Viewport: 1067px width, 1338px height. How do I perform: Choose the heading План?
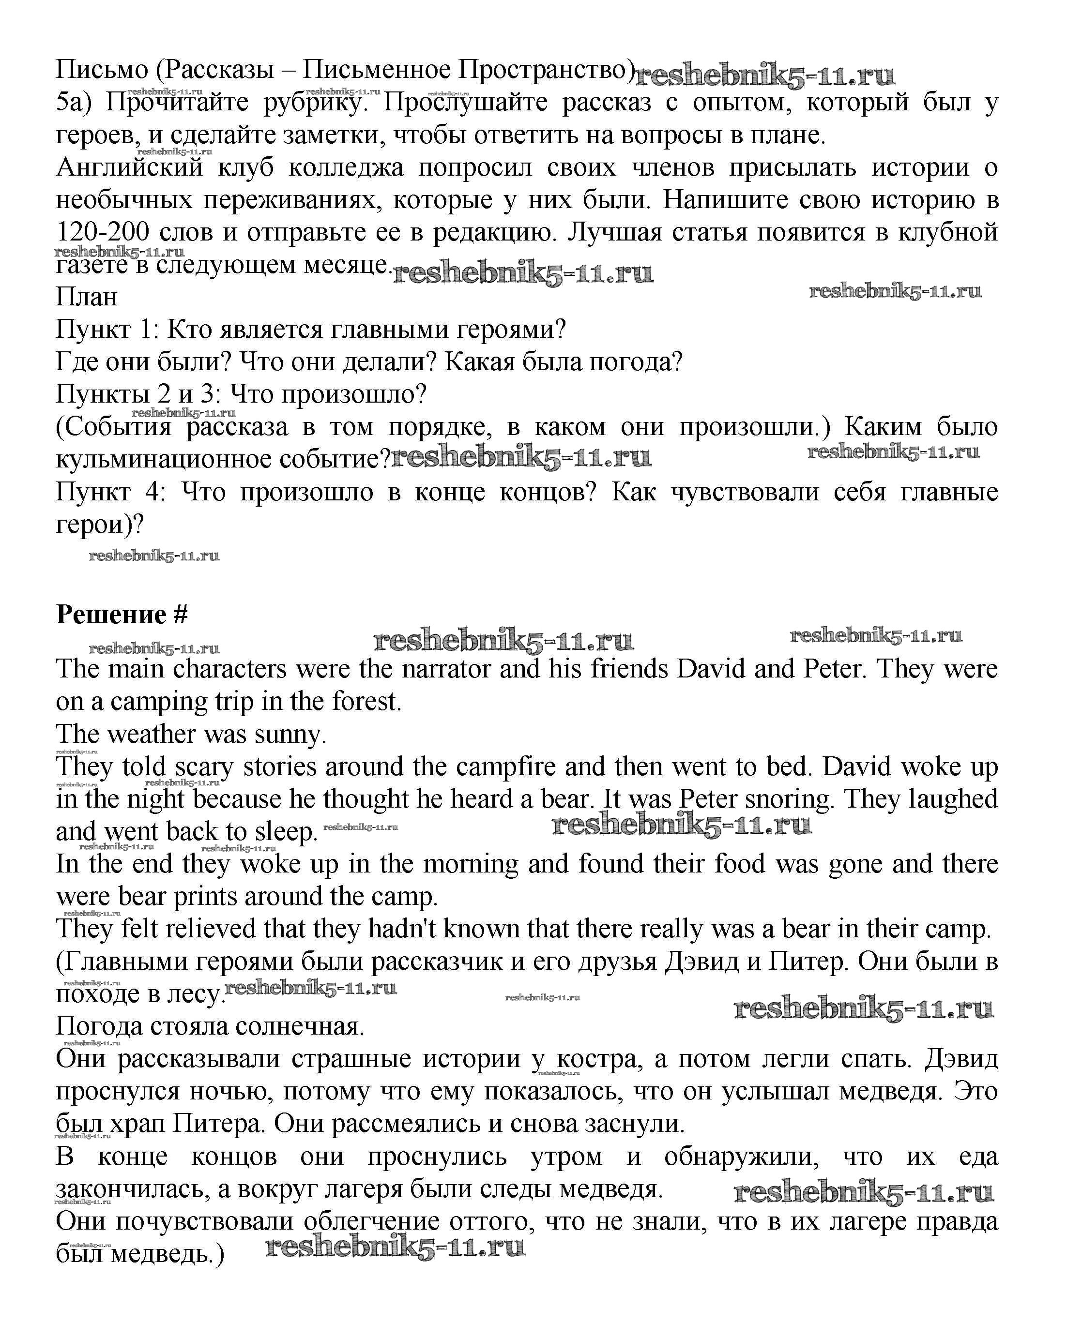pyautogui.click(x=86, y=297)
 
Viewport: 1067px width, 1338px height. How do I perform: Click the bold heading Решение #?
pyautogui.click(x=122, y=615)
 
